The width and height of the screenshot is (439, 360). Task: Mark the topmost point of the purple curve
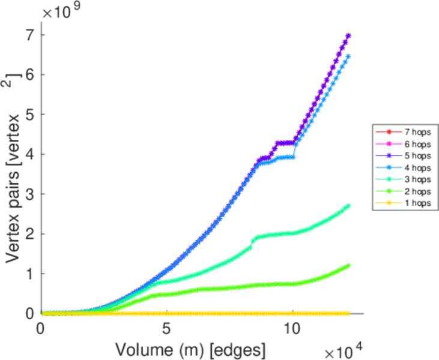click(x=348, y=35)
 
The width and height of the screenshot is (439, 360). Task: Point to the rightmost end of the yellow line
click(x=348, y=313)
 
